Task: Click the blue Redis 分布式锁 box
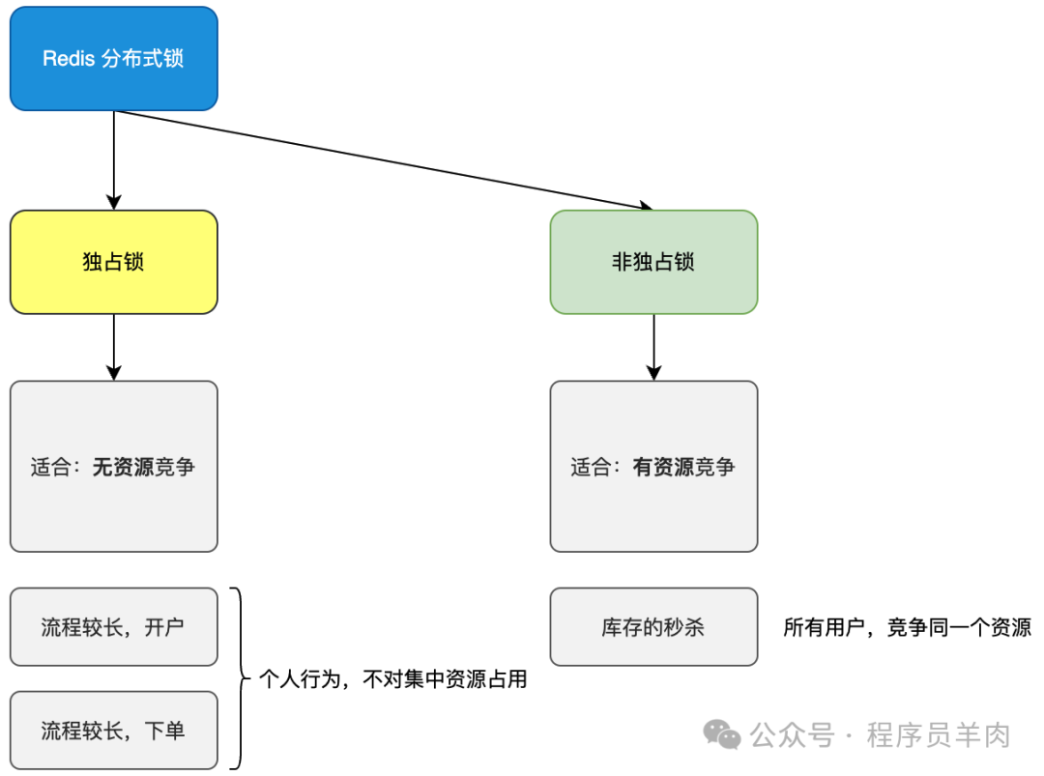point(113,58)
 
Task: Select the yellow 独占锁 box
point(113,262)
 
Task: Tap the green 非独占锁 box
point(653,262)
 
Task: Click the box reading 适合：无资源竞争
point(113,467)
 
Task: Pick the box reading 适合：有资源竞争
point(653,467)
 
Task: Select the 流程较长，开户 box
point(113,627)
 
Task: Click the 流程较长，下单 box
point(113,731)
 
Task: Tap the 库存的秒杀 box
point(653,627)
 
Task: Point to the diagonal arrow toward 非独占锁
point(387,160)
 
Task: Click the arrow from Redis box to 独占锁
point(114,159)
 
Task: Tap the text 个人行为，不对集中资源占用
point(393,679)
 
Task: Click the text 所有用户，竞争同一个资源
point(907,627)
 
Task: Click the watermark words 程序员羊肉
point(938,735)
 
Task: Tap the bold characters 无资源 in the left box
point(123,468)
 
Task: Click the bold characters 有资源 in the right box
point(663,468)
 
